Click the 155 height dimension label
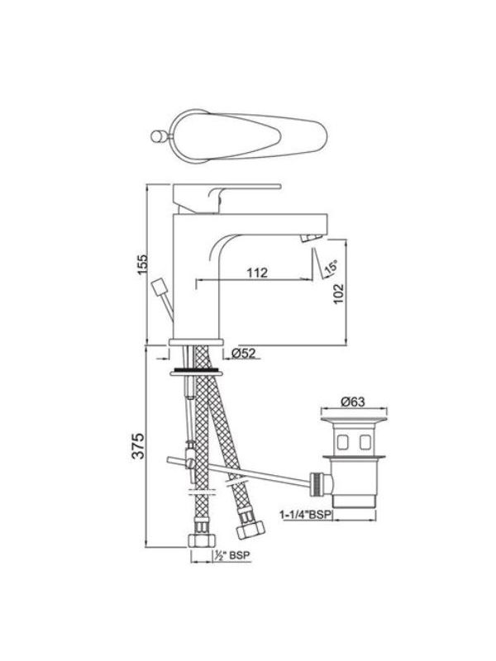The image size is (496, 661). [144, 264]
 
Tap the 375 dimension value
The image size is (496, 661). [139, 445]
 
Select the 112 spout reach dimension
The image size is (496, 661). [257, 273]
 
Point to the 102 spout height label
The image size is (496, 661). [338, 294]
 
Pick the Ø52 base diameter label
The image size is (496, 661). [244, 353]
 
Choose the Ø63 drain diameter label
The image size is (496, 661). [353, 402]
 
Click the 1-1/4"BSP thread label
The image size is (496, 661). [306, 515]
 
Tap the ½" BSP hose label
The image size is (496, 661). [232, 555]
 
